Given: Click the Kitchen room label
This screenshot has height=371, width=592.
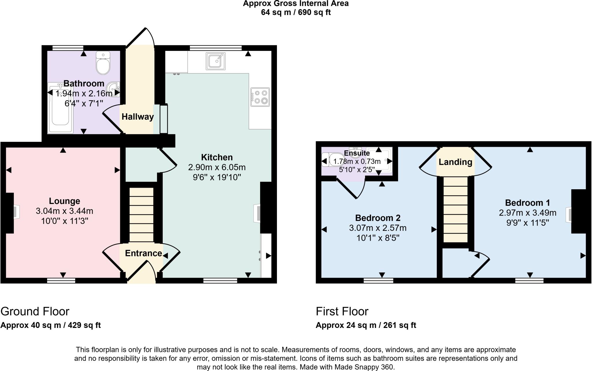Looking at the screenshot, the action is coord(217,157).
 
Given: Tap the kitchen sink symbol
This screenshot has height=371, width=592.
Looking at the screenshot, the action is coord(215,61).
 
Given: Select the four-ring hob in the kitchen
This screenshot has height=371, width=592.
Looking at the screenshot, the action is coord(260,97).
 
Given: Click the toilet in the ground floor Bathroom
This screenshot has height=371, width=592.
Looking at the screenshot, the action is coord(103,64).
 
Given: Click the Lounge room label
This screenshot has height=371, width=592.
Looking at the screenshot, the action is coord(64,201).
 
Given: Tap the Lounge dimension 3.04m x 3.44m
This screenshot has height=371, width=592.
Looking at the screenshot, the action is coord(64,211).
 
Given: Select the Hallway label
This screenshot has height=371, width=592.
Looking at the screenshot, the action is coord(138,117).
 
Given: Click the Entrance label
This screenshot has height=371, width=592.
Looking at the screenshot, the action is coord(143,253).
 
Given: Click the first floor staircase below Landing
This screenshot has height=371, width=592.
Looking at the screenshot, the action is coord(455,209).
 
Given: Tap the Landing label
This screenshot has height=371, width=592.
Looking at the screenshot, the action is coord(455,162).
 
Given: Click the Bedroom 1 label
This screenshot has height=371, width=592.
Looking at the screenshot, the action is coord(527,203).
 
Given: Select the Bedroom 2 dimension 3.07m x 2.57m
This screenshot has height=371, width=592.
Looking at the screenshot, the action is coord(378,228).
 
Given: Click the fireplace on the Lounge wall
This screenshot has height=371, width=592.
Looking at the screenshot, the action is coord(15,213).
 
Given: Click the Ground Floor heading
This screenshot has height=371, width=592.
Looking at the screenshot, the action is coord(35,311).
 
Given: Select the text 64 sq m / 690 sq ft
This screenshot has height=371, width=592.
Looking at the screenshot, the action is coord(296,12).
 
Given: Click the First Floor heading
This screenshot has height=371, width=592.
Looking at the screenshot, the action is coord(342,311).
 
